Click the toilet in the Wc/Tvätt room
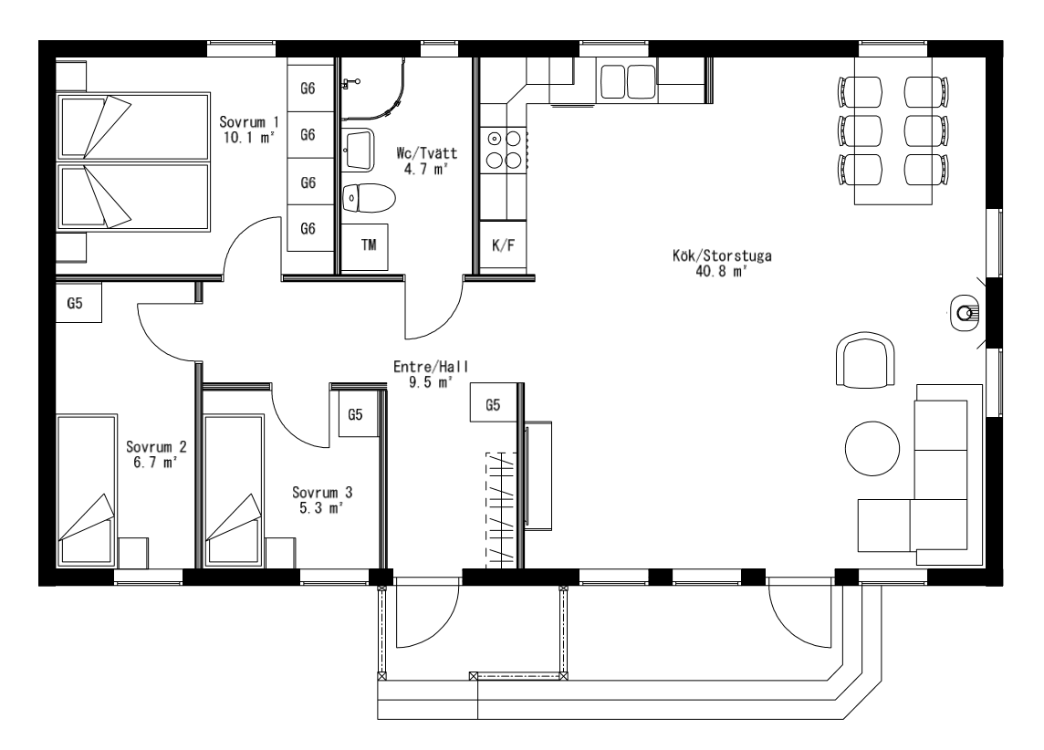[368, 198]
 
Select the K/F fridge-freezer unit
[504, 245]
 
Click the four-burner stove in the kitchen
[504, 149]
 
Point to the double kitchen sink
[628, 82]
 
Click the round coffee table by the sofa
[872, 449]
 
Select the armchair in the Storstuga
[865, 360]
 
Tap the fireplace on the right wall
[964, 312]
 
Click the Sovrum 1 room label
[249, 121]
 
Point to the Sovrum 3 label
[322, 493]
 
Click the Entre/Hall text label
[431, 367]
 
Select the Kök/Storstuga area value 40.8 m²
[722, 272]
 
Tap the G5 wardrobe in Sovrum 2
[78, 303]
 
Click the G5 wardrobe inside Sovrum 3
[356, 414]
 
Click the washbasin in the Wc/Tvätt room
[360, 147]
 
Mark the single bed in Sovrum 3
[233, 491]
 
